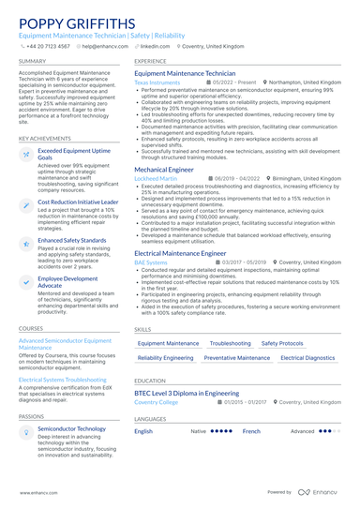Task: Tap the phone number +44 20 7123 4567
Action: coord(48,45)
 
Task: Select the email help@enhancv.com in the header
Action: coord(106,45)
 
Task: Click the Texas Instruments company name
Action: coord(157,82)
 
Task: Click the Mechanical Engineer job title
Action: coord(170,169)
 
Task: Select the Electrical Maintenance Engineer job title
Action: coord(180,253)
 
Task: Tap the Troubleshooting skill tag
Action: coord(230,343)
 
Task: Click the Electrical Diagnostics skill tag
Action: coord(307,357)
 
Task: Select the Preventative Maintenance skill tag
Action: coord(237,357)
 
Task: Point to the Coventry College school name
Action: coord(156,401)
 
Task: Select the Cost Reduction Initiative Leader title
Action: coord(79,202)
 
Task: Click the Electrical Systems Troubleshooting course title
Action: coord(67,379)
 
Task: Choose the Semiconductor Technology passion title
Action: coord(71,428)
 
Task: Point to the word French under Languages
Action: coord(251,431)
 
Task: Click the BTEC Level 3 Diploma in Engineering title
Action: coord(186,393)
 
